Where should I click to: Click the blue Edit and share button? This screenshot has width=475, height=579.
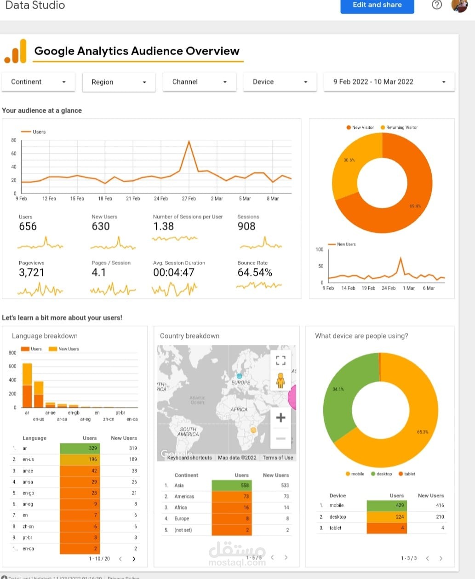pos(377,5)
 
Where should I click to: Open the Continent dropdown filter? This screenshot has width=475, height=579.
pos(39,82)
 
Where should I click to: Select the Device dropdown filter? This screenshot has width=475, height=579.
pos(280,82)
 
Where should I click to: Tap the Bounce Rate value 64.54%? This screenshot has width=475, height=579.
pos(255,272)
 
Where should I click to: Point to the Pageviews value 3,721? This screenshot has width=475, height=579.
pos(31,272)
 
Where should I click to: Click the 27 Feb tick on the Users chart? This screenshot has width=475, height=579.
pos(189,199)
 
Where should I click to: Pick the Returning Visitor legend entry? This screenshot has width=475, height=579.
pos(401,127)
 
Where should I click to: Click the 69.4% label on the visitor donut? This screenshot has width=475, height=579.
pos(415,206)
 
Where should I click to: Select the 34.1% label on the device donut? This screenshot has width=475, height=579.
pos(338,389)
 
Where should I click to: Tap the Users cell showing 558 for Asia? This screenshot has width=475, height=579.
pos(232,485)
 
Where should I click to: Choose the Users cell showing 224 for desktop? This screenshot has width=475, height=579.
pos(387,516)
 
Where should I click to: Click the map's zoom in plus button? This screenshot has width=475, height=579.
pos(280,418)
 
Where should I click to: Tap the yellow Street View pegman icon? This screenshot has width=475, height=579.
pos(280,380)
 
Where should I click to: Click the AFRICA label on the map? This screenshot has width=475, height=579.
pos(239,409)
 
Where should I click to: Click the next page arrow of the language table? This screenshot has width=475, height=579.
pos(134,559)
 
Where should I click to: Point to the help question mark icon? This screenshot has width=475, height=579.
pos(437,5)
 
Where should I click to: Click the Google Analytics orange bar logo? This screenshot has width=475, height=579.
pos(15,52)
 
